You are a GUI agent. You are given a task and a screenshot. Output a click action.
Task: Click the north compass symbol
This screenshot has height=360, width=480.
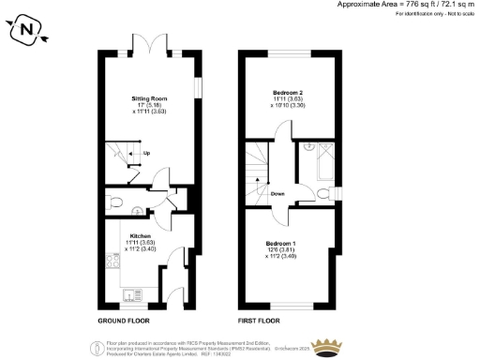click(x=27, y=31)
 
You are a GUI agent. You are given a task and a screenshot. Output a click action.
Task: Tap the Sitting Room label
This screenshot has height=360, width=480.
click(x=148, y=97)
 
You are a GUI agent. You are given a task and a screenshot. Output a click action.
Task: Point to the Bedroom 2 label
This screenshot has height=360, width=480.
click(x=287, y=93)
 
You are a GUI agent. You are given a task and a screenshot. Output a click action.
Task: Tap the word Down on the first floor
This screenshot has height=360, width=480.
click(x=277, y=194)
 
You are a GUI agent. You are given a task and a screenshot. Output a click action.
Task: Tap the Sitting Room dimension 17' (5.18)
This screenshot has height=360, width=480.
click(x=148, y=105)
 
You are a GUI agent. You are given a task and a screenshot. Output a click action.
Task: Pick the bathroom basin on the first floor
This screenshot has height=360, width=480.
click(x=308, y=146)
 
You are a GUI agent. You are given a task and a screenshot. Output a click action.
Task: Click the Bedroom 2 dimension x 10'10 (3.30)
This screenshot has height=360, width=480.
click(x=287, y=107)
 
